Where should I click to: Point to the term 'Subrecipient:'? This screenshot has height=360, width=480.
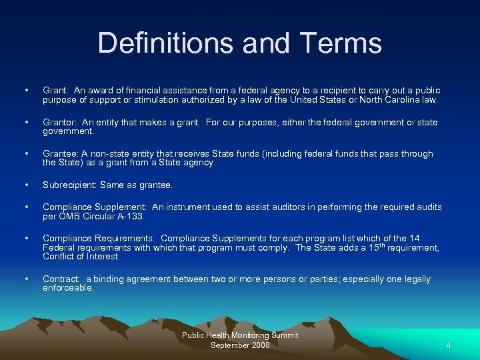coord(69,185)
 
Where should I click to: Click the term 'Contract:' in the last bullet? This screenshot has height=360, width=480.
coord(62,279)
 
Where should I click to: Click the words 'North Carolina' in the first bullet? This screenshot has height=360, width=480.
coord(388,100)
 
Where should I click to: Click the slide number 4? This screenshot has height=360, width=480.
coord(449,345)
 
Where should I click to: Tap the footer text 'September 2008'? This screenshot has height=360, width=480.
coord(240,345)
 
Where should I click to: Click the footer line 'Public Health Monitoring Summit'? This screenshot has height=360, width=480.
coord(240,335)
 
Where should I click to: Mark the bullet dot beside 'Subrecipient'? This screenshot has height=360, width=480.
coord(25,185)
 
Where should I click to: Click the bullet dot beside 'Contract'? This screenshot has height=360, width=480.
coord(25,279)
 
